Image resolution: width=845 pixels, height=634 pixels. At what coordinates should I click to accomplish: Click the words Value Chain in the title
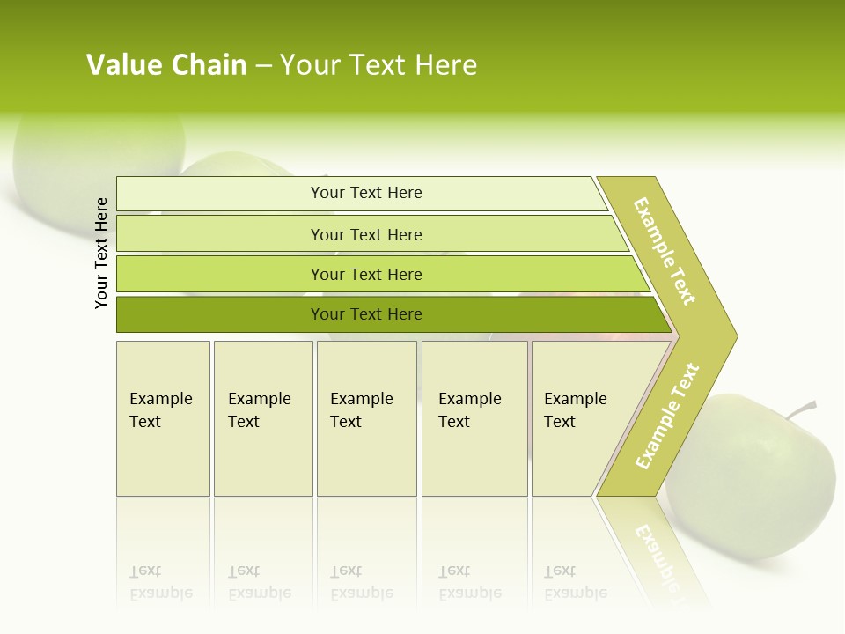pos(166,65)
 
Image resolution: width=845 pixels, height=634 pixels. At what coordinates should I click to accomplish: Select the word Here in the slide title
pos(445,65)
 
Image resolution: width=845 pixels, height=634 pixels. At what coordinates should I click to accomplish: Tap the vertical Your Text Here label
pos(102,253)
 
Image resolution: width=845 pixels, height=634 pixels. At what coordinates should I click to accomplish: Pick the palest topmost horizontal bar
pos(361,193)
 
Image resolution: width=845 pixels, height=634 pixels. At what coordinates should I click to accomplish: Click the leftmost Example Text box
pos(163,418)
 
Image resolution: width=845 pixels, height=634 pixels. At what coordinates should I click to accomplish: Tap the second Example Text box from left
pos(263,418)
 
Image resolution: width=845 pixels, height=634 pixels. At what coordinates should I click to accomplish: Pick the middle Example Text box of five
pos(366,418)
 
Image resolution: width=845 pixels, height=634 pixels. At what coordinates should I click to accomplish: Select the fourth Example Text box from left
pos(474,418)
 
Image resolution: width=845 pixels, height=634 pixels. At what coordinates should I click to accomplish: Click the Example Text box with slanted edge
pos(581,418)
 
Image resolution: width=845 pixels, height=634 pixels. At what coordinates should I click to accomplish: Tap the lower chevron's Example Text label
pos(667,416)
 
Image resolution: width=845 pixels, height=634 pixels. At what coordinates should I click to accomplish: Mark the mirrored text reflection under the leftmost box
pos(161,583)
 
